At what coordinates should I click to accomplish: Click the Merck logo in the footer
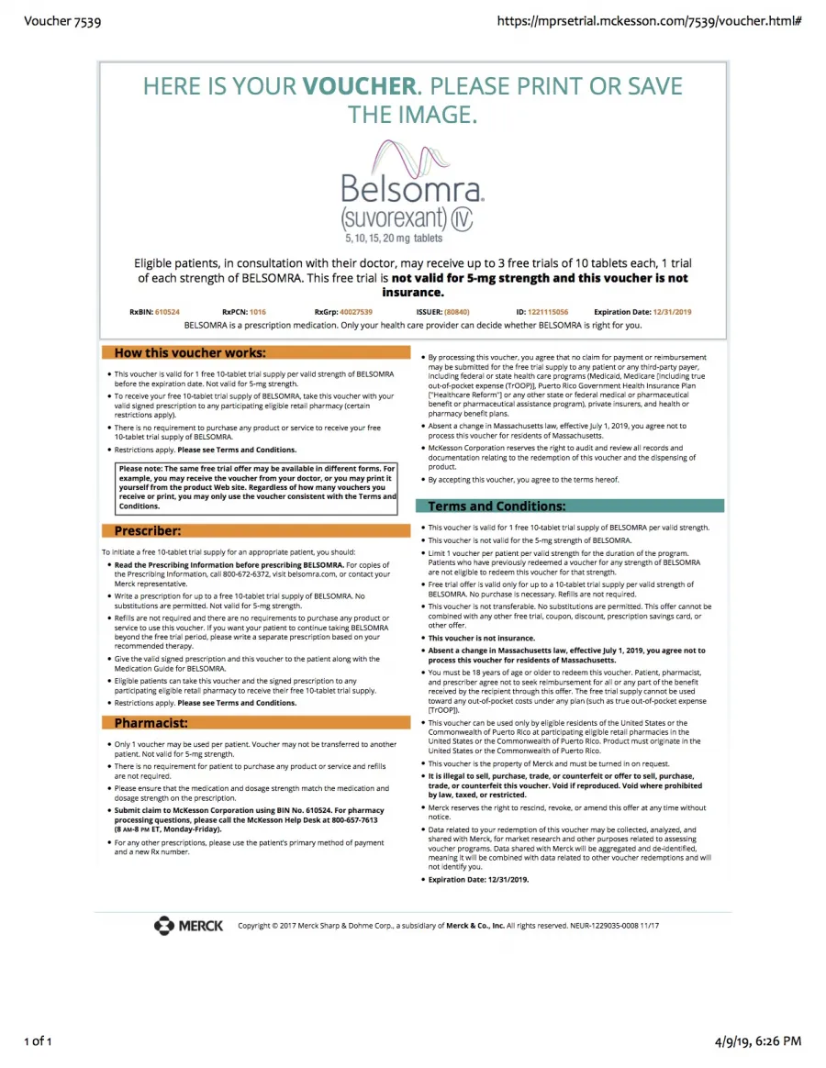coord(189,926)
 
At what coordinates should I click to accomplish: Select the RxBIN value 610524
coord(167,312)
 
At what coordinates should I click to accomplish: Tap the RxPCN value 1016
coord(257,312)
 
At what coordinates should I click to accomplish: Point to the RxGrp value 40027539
coord(356,312)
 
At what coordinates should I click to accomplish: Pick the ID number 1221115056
coord(548,312)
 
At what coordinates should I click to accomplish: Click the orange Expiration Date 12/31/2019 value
coord(671,312)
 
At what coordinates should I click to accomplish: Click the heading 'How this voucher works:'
coord(190,352)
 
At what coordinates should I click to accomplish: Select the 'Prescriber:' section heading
coord(148,530)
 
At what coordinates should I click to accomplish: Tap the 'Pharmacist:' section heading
coord(151,723)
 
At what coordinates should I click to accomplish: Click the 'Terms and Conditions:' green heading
coord(497,506)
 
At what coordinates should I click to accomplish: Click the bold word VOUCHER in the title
coord(360,87)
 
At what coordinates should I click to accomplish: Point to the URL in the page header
coord(649,20)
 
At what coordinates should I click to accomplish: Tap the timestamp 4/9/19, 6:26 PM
coord(757,1040)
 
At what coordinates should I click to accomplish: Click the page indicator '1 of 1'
coord(39,1040)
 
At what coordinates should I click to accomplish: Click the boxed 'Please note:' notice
coord(257,487)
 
